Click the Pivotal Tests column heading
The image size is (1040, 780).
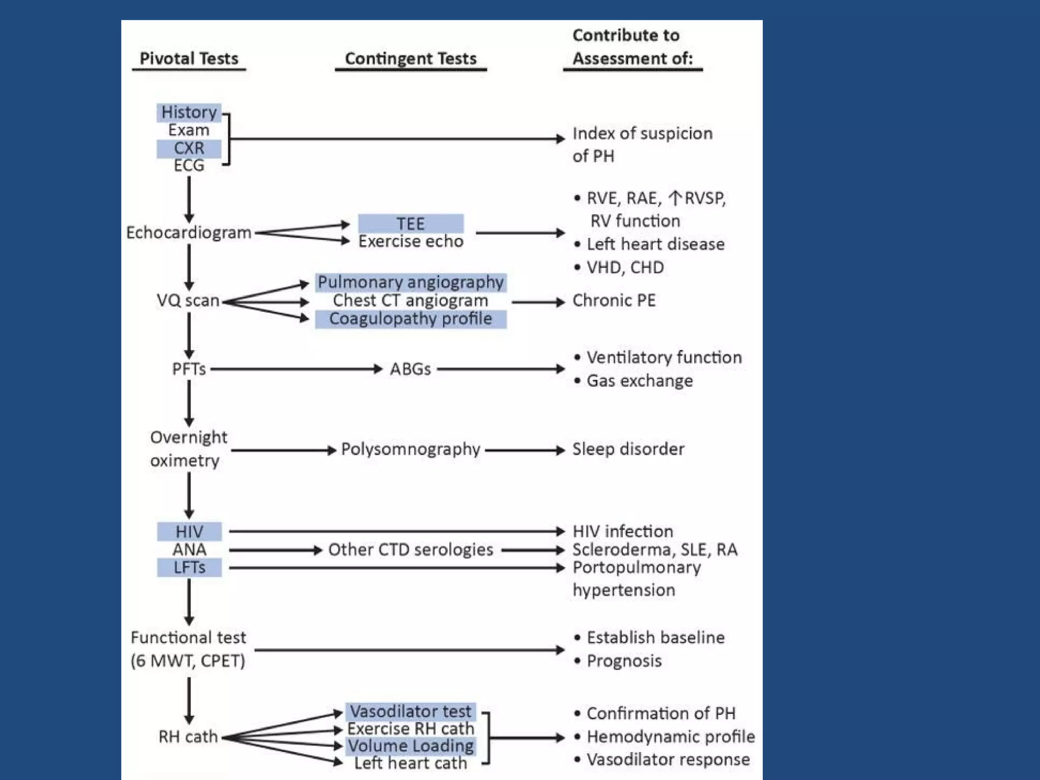tap(189, 58)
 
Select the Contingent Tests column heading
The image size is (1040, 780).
tap(410, 58)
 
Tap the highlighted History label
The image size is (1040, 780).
tap(189, 112)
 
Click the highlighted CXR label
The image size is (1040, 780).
tap(189, 148)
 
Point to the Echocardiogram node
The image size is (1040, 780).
tap(189, 233)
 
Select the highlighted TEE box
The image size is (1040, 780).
tap(410, 223)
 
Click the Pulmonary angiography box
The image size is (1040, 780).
tap(410, 282)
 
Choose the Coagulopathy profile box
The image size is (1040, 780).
tap(410, 319)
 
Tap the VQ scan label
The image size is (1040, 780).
tap(188, 301)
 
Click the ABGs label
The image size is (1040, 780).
tap(410, 369)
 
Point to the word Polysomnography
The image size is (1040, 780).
tap(410, 449)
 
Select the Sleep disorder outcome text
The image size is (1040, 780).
tap(628, 449)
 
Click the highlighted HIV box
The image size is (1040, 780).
tap(189, 532)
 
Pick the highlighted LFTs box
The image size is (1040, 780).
tap(189, 567)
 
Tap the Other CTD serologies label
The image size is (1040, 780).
tap(410, 549)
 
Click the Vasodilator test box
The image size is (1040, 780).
tap(410, 711)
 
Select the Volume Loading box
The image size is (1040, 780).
tap(410, 746)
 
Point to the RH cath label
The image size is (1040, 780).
tap(188, 737)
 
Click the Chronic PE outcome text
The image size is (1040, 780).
tap(614, 301)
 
